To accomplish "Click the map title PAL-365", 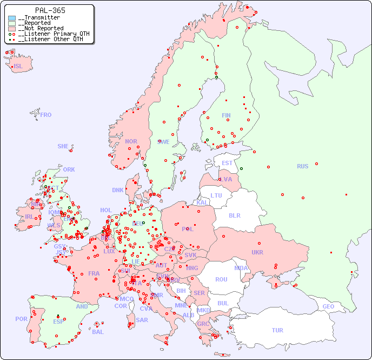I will click(50, 10).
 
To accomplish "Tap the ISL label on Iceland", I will click(18, 67).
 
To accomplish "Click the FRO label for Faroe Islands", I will click(46, 115).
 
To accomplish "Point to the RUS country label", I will click(302, 166).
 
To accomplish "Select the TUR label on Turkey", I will click(277, 330).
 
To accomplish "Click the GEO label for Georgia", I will click(328, 306).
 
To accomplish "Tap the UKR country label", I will click(257, 252).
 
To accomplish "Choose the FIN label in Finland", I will click(226, 115).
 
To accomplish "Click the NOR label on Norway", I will click(131, 141).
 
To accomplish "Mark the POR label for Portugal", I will click(21, 319).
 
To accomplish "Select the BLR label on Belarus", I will click(235, 215).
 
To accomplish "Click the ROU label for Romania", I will click(221, 279).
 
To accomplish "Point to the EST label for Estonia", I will click(227, 163).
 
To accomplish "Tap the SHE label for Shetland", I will click(63, 146).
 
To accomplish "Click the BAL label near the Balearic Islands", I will click(98, 332).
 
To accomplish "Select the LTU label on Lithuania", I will click(216, 195).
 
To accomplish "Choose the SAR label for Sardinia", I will click(142, 319).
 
